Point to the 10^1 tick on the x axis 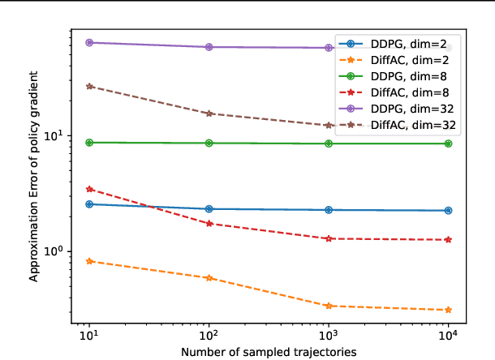coord(89,334)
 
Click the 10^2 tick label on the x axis coord(209,334)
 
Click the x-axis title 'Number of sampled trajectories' coord(269,351)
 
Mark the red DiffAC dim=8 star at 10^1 coord(89,189)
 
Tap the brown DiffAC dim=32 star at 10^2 coord(209,114)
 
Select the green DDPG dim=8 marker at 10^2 coord(209,144)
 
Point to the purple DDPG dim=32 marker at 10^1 coord(89,42)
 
